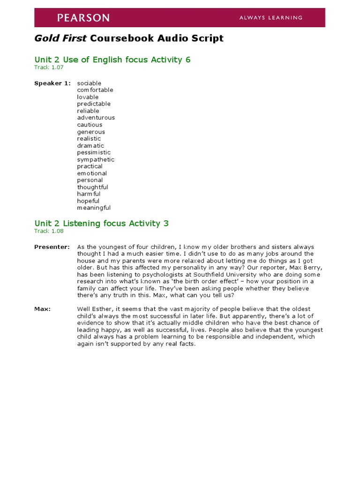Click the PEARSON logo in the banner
click(83, 18)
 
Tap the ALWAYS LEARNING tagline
click(271, 18)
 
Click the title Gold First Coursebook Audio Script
click(129, 38)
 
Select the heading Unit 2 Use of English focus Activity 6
click(112, 60)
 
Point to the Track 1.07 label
click(49, 67)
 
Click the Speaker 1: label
click(52, 83)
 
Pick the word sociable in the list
click(89, 83)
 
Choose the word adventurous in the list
click(96, 118)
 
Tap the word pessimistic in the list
click(94, 152)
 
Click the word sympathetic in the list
click(96, 159)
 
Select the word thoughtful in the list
click(92, 187)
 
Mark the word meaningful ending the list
click(94, 208)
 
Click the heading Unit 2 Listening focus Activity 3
click(101, 224)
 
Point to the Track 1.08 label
click(49, 231)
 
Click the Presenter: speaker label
click(52, 247)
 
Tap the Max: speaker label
click(42, 309)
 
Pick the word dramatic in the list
click(90, 145)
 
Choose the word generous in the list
click(91, 132)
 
